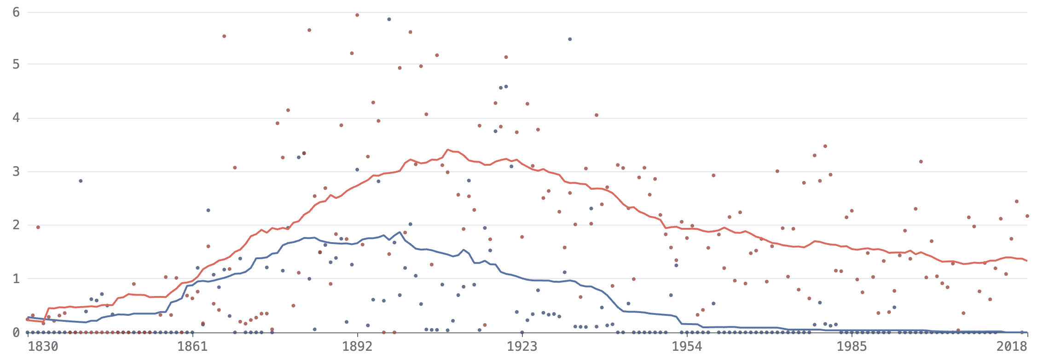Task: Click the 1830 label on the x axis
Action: tap(43, 347)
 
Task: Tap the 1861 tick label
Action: tap(192, 347)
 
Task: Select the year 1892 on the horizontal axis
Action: tap(357, 347)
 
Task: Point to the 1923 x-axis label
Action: tap(522, 347)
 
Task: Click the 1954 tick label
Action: tap(687, 347)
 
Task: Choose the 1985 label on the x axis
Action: tap(852, 347)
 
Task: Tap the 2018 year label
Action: tap(1012, 347)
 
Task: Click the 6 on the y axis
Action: tap(16, 12)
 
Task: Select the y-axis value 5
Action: tap(16, 64)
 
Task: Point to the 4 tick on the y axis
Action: tap(16, 118)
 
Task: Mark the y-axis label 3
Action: tap(16, 172)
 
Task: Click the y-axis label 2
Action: tap(16, 225)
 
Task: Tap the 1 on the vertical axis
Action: tap(16, 279)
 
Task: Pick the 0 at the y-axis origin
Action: tap(16, 332)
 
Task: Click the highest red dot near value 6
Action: tap(357, 15)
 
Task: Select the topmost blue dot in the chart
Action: tap(389, 19)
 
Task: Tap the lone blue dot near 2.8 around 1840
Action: tap(81, 181)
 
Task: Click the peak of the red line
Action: tap(448, 150)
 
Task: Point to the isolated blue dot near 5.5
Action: tap(570, 39)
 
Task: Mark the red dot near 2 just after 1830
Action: tap(38, 227)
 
